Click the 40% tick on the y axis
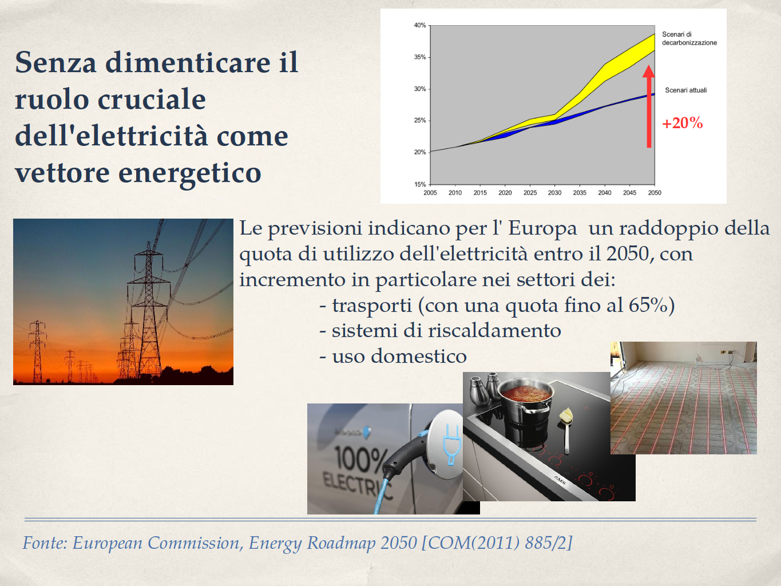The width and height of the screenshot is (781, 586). (429, 26)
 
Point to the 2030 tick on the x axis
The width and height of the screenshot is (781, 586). (554, 185)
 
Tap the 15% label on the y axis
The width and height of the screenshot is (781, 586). (420, 184)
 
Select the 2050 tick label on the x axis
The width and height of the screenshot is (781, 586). (655, 193)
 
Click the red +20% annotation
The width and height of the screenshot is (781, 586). (683, 123)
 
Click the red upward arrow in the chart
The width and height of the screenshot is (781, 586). (649, 106)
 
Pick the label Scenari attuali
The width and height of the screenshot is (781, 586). (686, 90)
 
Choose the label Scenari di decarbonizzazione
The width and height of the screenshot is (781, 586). (689, 38)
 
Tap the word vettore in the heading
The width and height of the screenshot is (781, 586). (62, 173)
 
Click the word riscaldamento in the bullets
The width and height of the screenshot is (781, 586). (494, 331)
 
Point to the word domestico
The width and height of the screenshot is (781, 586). (419, 356)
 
